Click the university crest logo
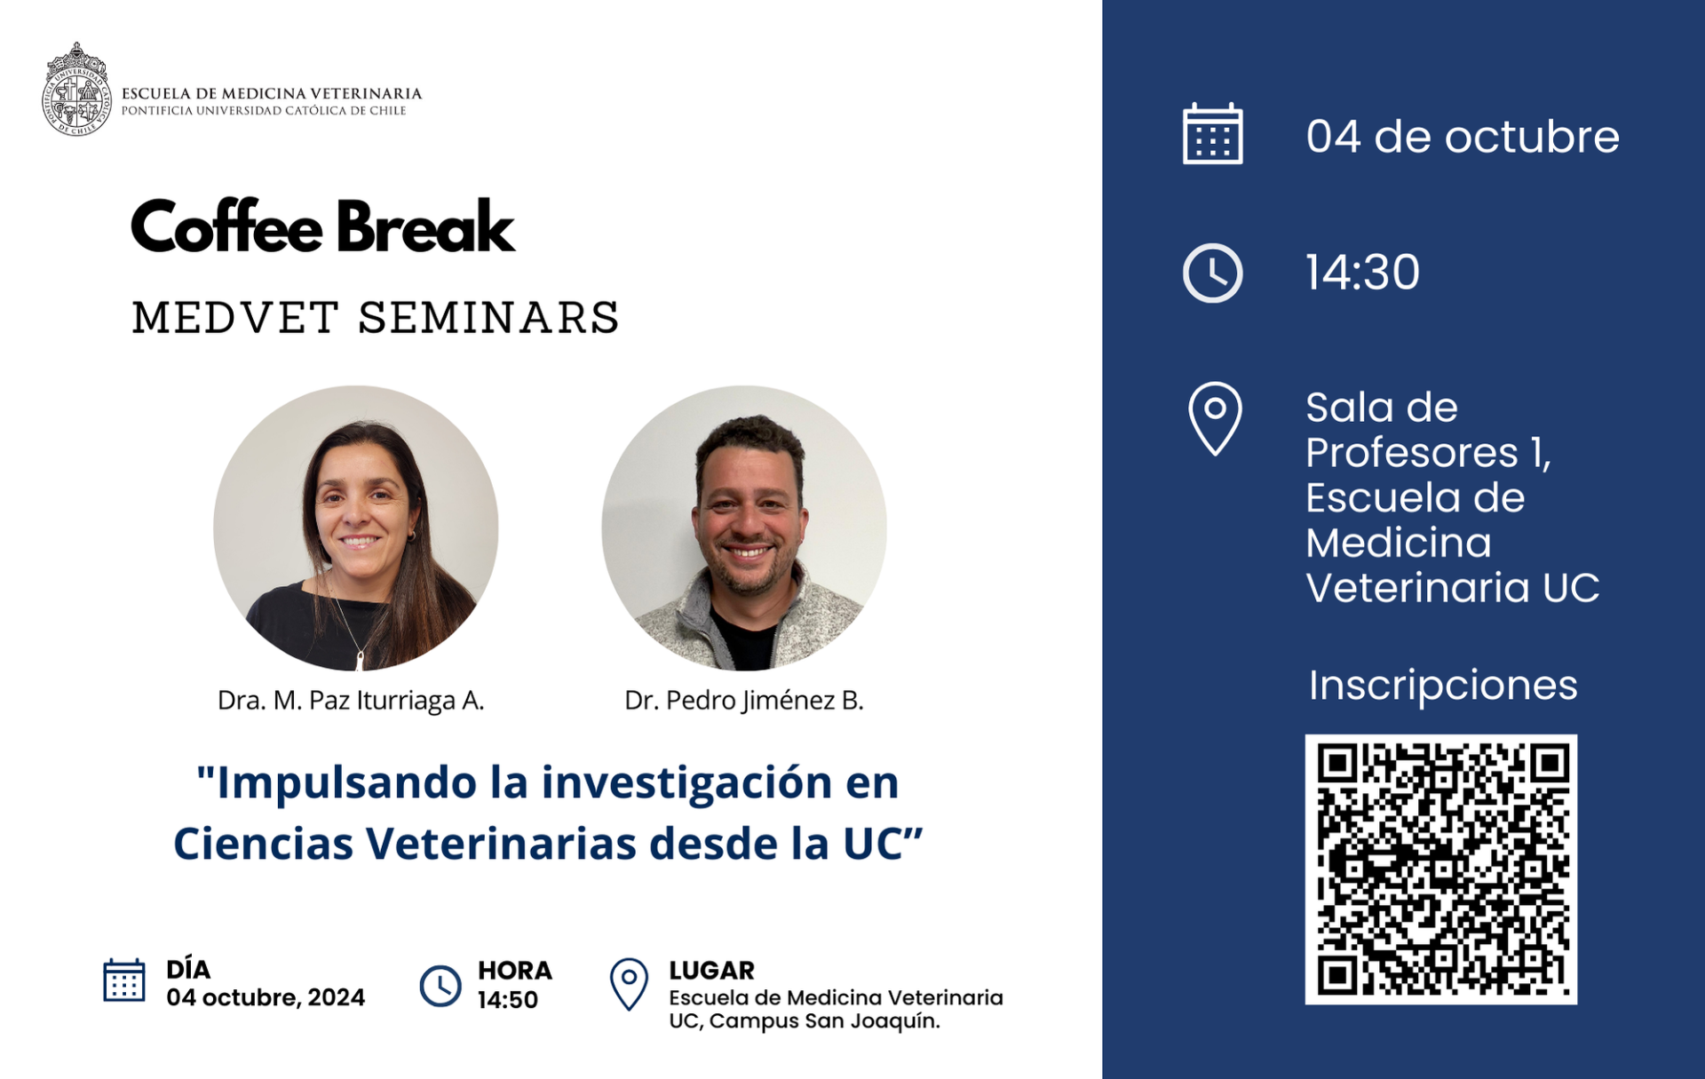(x=77, y=90)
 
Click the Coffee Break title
(x=322, y=226)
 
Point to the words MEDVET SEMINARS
(x=376, y=318)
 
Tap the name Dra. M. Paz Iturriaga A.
(x=351, y=701)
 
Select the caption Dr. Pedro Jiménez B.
(x=744, y=701)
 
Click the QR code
(x=1441, y=869)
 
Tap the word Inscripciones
(x=1443, y=685)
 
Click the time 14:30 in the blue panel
(x=1363, y=272)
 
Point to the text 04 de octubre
(x=1463, y=137)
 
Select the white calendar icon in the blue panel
(x=1213, y=134)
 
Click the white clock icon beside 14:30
(x=1213, y=273)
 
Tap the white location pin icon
(x=1215, y=419)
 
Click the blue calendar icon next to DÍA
(x=124, y=980)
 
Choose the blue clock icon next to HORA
(x=440, y=986)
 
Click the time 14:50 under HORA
(x=508, y=1000)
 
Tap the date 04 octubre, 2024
(x=266, y=997)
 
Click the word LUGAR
(x=712, y=970)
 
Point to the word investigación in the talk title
(x=687, y=783)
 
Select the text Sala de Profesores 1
(x=1428, y=430)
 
